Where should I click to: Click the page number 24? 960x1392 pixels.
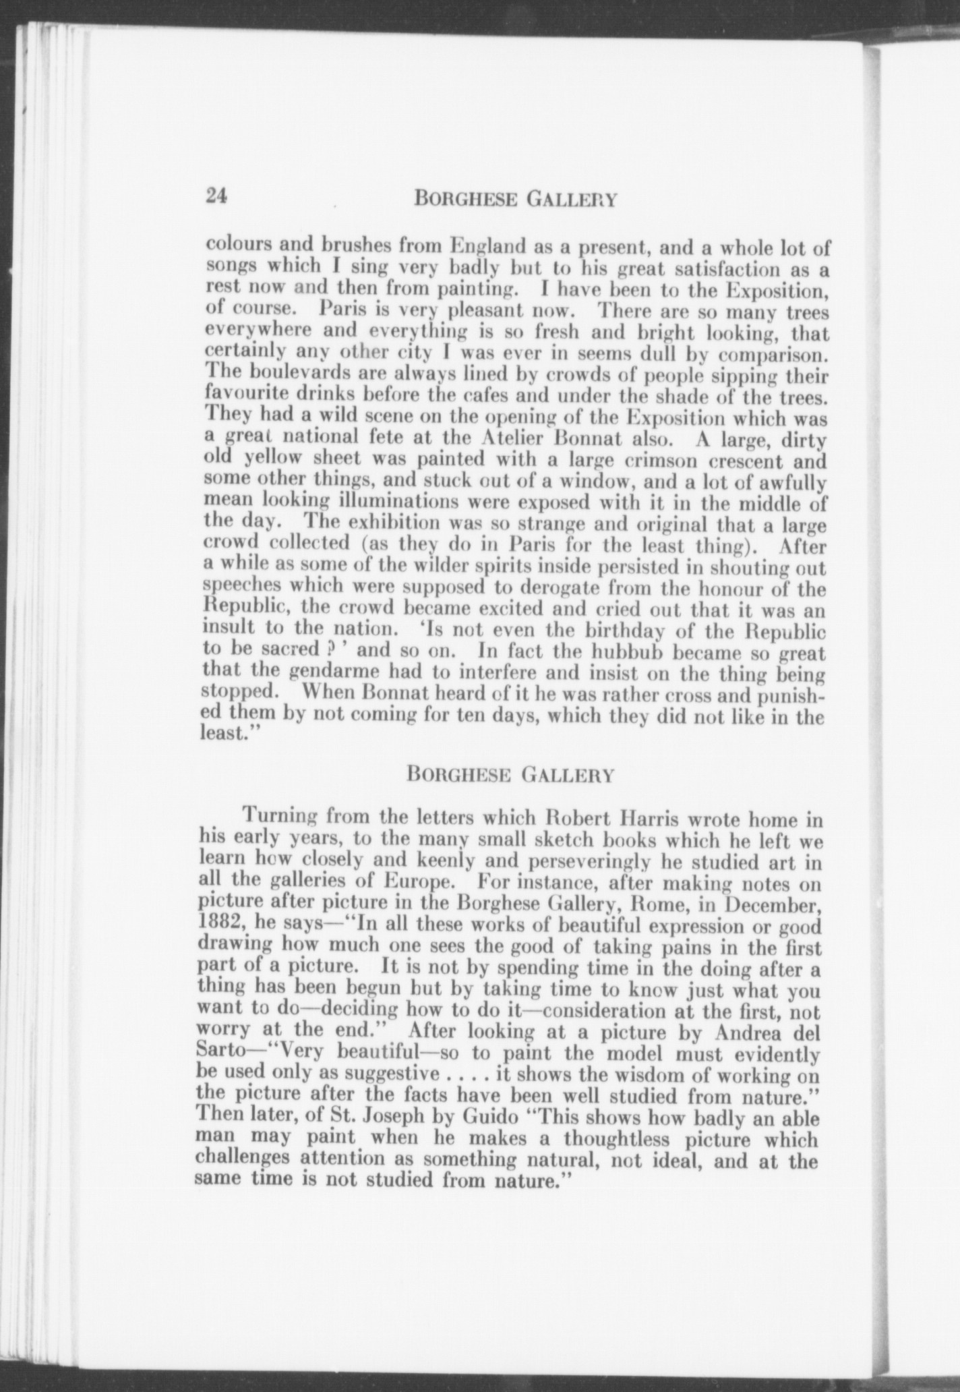tap(218, 196)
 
